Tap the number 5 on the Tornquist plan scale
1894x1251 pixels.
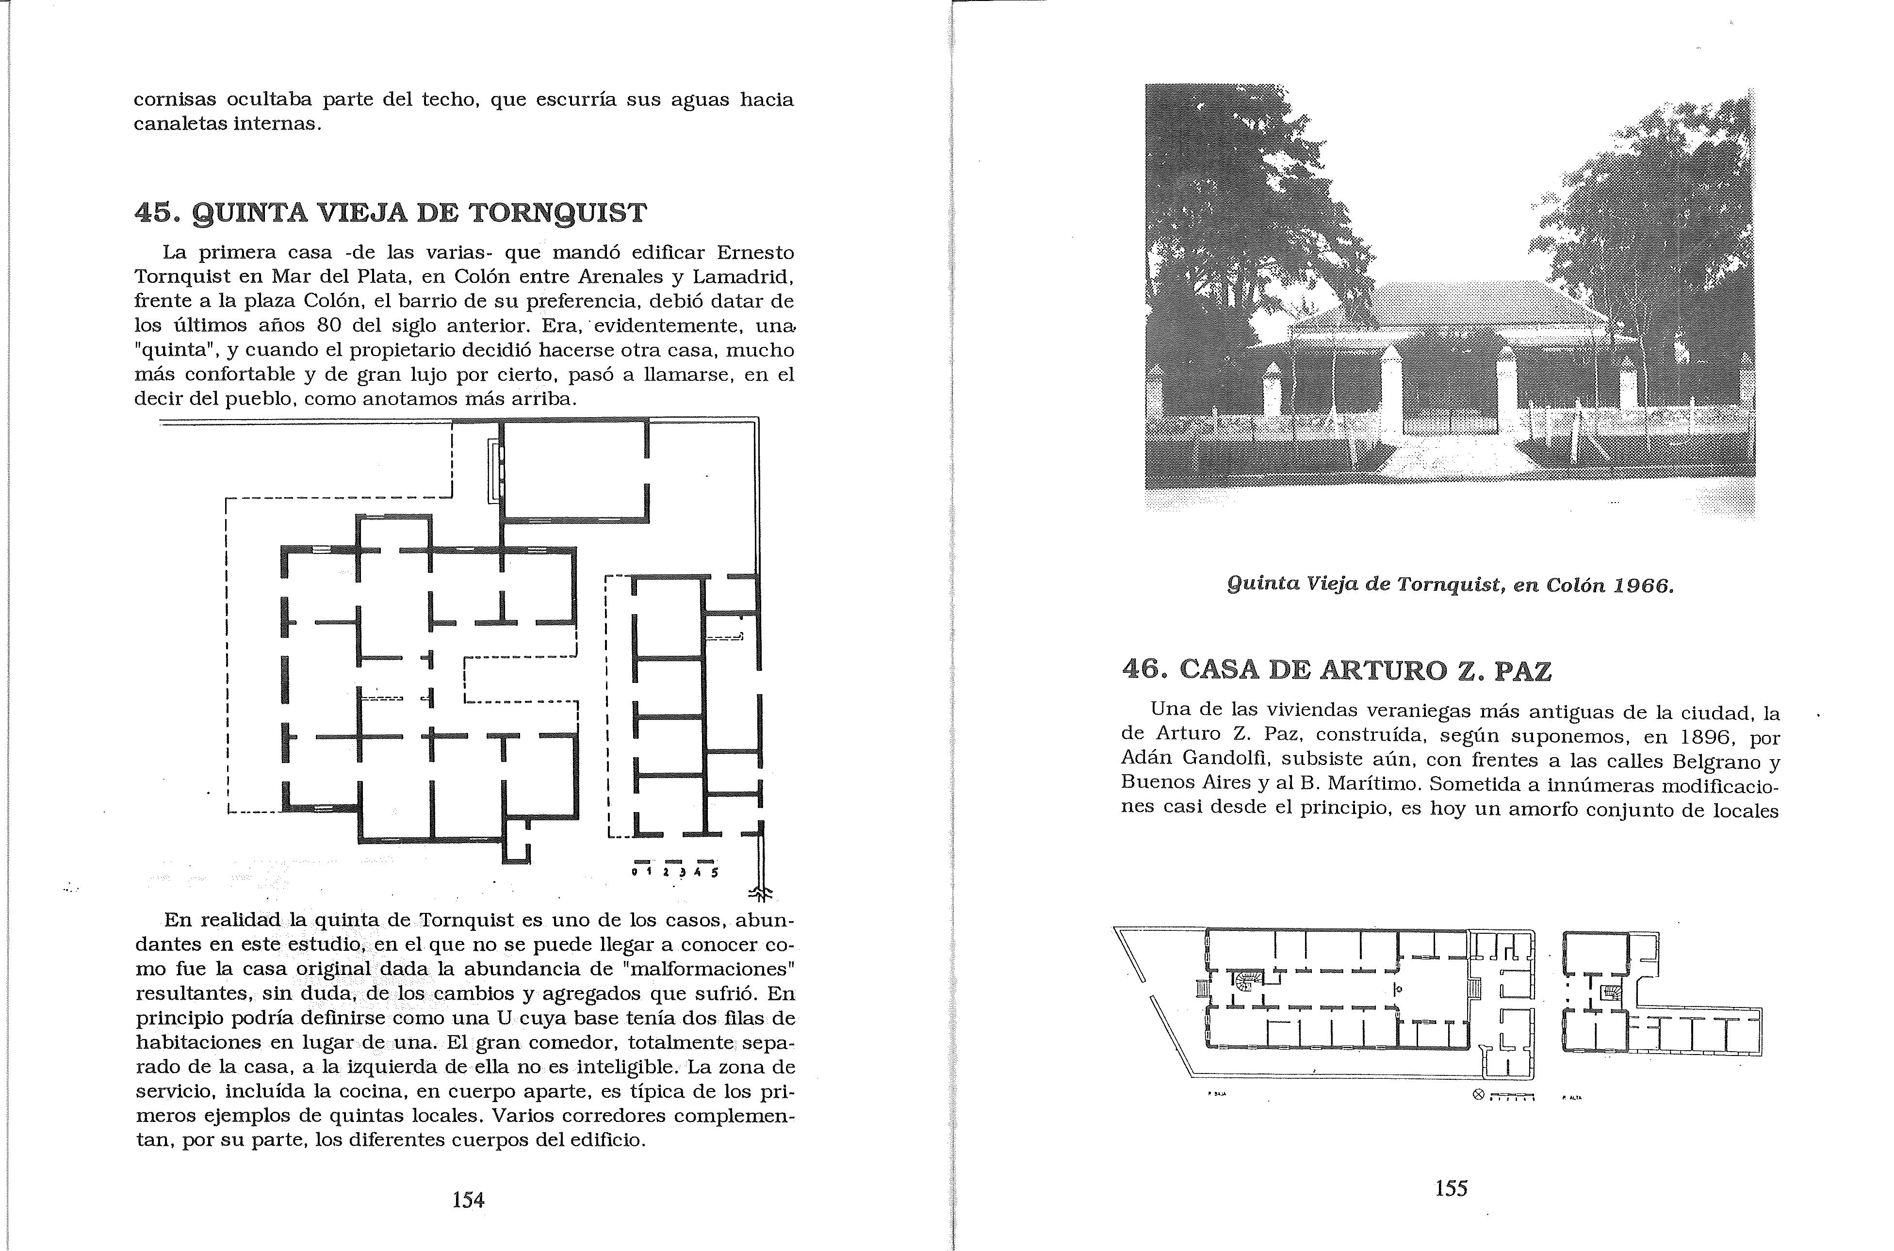tap(715, 872)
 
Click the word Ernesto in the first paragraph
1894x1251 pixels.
tap(755, 252)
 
